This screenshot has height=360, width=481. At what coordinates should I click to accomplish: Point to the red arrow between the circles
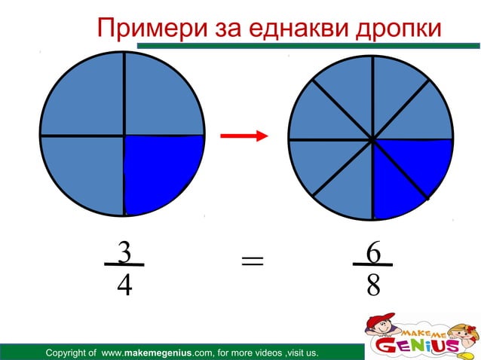click(244, 136)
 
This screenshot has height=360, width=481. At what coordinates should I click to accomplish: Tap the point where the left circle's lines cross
click(124, 136)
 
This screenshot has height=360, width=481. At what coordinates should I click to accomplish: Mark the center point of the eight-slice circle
click(372, 139)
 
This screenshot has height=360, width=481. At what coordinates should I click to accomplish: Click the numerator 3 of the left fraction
click(124, 252)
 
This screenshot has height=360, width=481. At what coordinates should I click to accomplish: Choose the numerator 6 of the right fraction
click(372, 252)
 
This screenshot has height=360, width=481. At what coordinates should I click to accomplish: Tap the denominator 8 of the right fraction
click(372, 285)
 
